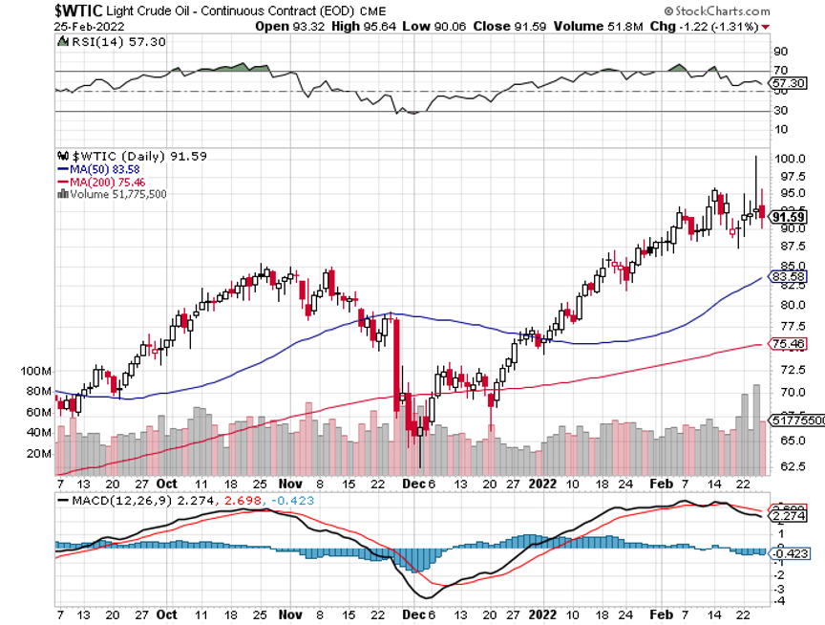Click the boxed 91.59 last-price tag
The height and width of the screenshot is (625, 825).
point(790,217)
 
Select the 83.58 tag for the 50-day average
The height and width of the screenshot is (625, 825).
point(786,277)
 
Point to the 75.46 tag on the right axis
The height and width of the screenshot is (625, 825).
point(786,344)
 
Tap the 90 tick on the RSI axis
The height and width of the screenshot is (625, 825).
point(779,51)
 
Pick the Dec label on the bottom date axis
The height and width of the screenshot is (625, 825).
point(412,615)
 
